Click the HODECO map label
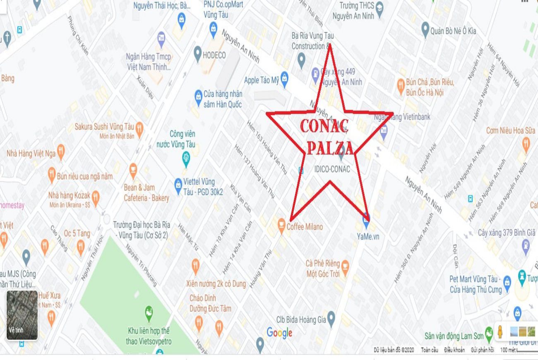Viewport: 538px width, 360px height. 214,55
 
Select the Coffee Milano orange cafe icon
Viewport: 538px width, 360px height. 281,226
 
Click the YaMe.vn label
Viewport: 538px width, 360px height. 368,237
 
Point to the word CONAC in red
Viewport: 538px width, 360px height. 324,126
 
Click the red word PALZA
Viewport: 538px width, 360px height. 330,148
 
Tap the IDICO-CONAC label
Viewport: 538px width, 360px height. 332,169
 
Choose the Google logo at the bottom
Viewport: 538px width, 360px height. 279,333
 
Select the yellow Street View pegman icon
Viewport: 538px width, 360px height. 500,332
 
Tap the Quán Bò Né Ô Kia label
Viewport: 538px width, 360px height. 453,31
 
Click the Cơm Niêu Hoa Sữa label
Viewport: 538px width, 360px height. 510,131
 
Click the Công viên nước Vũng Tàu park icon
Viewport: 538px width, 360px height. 186,157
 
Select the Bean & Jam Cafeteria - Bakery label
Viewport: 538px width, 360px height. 147,193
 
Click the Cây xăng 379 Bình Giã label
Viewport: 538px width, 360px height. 507,233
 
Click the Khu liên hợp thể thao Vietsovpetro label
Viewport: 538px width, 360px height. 149,336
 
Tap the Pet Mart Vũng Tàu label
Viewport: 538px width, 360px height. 476,284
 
